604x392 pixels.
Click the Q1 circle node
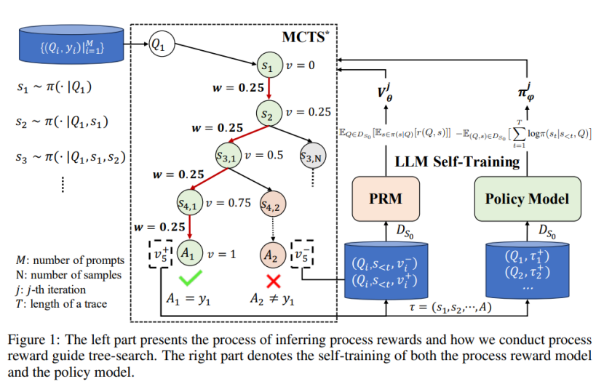click(162, 44)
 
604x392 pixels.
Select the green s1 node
click(270, 65)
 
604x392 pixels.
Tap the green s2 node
click(269, 113)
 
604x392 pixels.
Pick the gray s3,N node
click(313, 156)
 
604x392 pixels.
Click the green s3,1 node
click(229, 156)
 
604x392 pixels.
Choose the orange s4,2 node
click(273, 204)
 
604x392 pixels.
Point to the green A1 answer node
click(190, 253)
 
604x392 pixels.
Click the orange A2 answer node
click(273, 255)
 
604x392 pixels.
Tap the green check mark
click(190, 278)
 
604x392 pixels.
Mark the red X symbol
click(274, 281)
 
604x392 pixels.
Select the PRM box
click(386, 199)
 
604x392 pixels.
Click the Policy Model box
click(528, 199)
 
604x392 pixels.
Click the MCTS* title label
click(306, 37)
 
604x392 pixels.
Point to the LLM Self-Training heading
click(457, 161)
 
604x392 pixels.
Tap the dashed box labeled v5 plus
click(161, 254)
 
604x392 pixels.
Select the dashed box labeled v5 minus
click(301, 254)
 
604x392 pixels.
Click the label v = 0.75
click(228, 203)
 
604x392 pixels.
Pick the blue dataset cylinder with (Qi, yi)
click(71, 44)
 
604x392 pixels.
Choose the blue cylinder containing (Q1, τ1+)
click(528, 270)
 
